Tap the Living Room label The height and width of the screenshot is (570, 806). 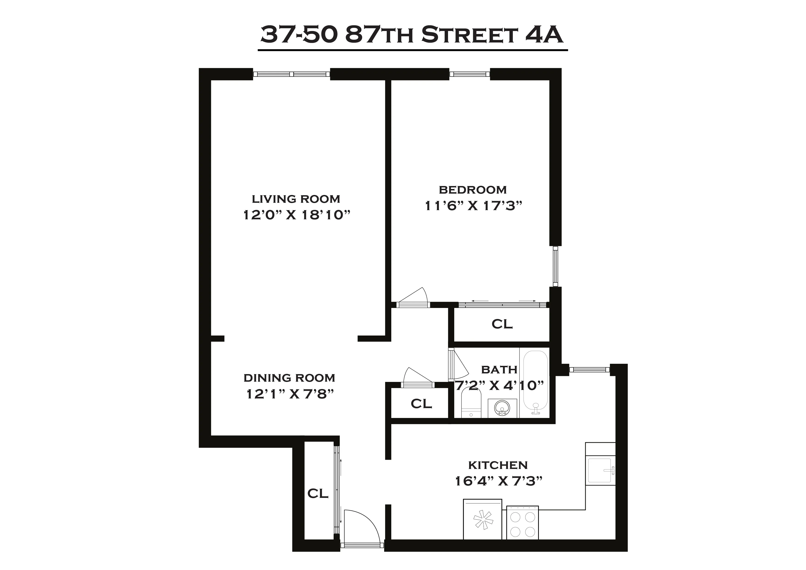click(x=296, y=199)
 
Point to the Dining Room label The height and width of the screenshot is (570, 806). click(x=289, y=378)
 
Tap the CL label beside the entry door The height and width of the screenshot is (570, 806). click(x=318, y=494)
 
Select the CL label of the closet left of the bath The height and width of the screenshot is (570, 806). click(x=421, y=404)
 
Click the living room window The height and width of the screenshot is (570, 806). click(x=291, y=74)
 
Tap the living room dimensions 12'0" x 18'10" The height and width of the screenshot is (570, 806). click(x=297, y=214)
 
